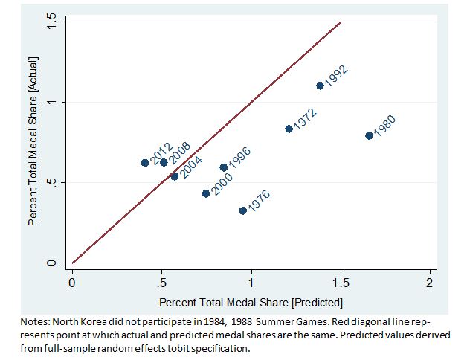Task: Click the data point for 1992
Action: click(x=321, y=86)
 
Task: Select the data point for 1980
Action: click(x=369, y=135)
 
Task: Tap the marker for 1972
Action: click(x=289, y=129)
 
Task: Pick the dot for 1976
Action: click(x=242, y=210)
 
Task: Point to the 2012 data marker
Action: click(x=145, y=163)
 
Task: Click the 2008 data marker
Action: click(x=164, y=162)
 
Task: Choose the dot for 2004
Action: click(x=175, y=176)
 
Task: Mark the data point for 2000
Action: click(x=206, y=193)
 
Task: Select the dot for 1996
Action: click(x=224, y=167)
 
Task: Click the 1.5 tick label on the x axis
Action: click(x=341, y=283)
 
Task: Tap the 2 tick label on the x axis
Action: click(x=430, y=283)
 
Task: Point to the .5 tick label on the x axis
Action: click(x=161, y=283)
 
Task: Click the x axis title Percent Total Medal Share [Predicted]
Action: click(x=251, y=303)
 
